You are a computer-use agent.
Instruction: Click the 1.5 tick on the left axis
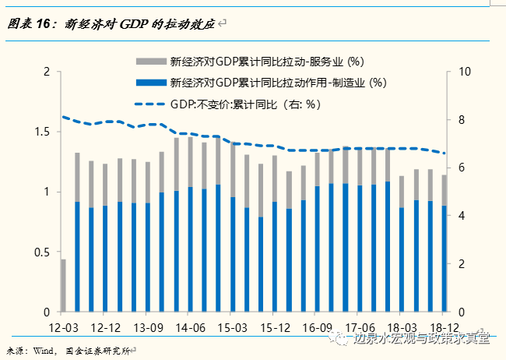tap(40, 132)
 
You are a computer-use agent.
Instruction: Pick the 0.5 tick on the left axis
tap(40, 252)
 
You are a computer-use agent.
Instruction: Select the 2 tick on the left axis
tap(46, 72)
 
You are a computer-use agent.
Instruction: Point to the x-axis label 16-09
tap(316, 327)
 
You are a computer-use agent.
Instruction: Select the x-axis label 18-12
tap(443, 327)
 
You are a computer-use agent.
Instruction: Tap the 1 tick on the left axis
tap(46, 192)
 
